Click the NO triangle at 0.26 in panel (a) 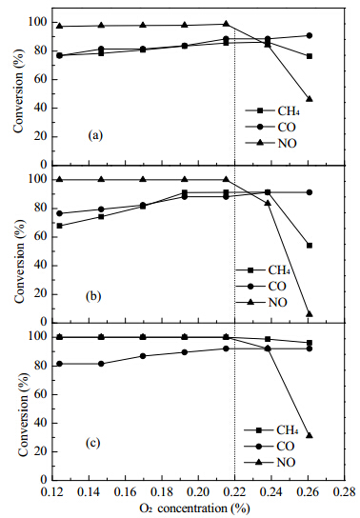point(310,99)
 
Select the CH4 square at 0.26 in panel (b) point(310,246)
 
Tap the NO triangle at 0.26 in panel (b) point(310,314)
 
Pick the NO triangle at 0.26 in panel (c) point(310,435)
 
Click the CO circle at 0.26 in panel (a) point(310,35)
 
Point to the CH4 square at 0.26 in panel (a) point(310,56)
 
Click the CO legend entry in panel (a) point(270,127)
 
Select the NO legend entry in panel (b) point(261,302)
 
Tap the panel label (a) point(95,135)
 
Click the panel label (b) point(93,296)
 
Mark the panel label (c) point(92,443)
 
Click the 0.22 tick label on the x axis point(234,492)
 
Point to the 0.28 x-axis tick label point(344,492)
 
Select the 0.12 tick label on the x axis point(52,492)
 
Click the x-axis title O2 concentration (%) point(194,508)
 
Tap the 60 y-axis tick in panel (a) point(42,80)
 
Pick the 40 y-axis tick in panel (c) point(42,423)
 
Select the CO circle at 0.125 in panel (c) point(59,364)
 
